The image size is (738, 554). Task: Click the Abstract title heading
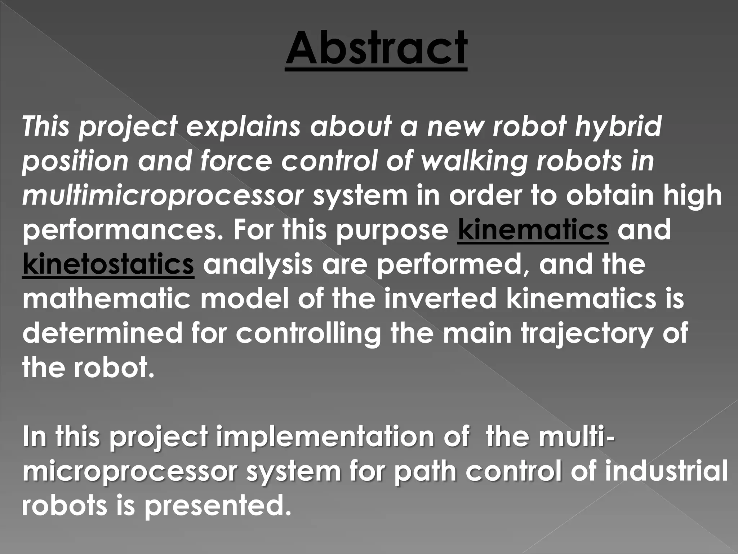[376, 48]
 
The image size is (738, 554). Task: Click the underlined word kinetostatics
[108, 264]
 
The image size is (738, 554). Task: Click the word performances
[123, 231]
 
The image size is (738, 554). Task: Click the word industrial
[666, 471]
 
